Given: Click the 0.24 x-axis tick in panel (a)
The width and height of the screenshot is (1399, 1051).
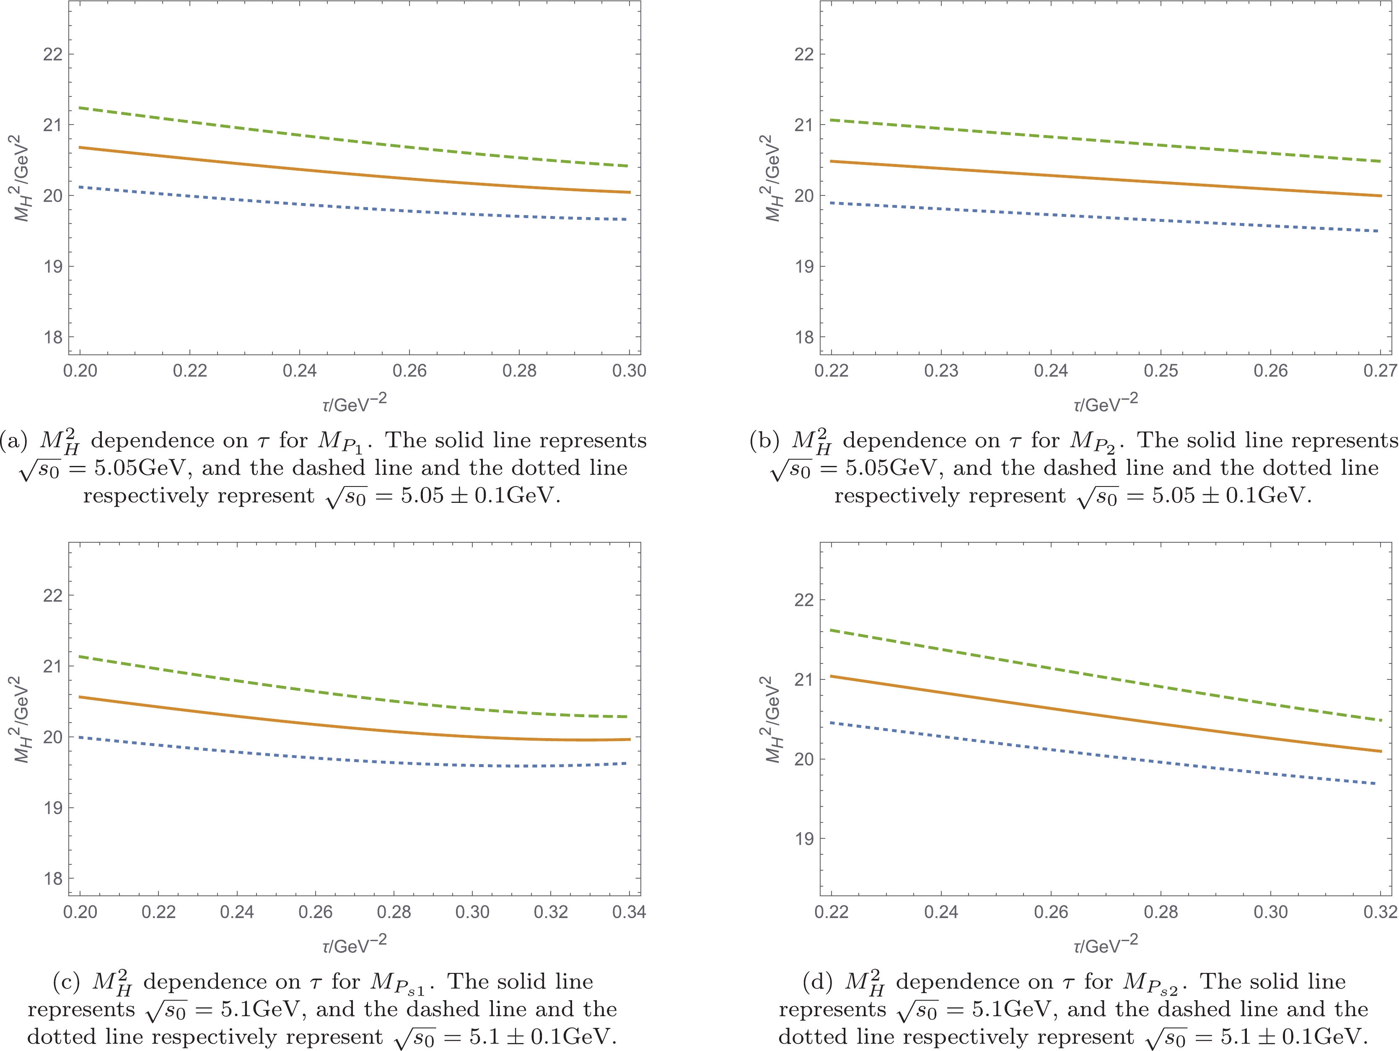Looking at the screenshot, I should pos(299,371).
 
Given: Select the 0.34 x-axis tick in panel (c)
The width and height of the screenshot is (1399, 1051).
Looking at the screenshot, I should pos(629,912).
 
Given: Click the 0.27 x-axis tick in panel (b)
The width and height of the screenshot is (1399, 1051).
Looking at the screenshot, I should pos(1380,371).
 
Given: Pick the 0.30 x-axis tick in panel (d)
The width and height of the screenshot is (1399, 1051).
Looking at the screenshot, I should pos(1270,912).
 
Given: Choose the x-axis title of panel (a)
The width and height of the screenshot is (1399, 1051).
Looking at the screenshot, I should pos(354,403).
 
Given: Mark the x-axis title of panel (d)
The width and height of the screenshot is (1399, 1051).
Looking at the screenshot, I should pos(1106,944).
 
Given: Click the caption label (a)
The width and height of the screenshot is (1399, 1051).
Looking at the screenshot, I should pos(14,440).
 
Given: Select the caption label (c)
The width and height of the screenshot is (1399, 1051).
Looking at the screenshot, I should pos(66,982).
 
